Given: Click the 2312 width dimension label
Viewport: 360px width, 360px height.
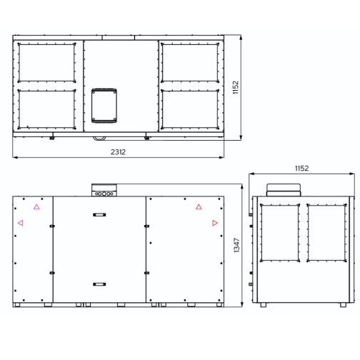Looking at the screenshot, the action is (x=118, y=152).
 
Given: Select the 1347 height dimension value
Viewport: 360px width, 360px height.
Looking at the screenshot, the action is (x=236, y=245).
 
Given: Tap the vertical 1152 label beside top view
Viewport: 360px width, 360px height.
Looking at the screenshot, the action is (x=235, y=88).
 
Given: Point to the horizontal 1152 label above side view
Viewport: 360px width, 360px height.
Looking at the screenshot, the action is (x=301, y=169).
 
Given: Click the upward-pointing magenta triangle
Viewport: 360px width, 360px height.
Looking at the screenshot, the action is (x=36, y=206).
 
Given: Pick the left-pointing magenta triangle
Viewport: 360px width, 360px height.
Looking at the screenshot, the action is (x=21, y=223).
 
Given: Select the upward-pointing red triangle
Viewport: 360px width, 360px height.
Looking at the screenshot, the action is (x=199, y=206).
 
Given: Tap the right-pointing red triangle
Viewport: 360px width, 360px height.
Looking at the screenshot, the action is (x=215, y=223).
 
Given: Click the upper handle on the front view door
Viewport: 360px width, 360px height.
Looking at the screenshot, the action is (x=99, y=215).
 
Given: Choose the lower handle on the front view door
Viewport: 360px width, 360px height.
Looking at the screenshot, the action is (x=99, y=284).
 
